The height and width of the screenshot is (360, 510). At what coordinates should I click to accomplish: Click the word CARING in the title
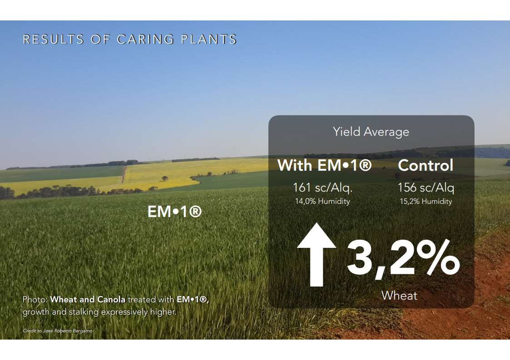(x=145, y=39)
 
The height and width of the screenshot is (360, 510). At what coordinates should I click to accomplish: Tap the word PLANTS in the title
(x=208, y=39)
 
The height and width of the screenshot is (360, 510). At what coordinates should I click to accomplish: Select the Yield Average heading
(x=371, y=132)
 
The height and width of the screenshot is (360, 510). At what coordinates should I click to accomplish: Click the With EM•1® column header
(x=324, y=165)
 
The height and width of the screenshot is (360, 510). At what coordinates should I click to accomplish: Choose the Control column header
(x=426, y=165)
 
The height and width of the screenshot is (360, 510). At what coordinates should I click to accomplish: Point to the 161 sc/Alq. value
(x=322, y=187)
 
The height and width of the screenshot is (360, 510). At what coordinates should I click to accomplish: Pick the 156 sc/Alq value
(x=426, y=187)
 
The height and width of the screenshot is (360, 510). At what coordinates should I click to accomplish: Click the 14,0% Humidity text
(x=322, y=201)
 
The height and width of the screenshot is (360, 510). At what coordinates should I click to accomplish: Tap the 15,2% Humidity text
(x=426, y=201)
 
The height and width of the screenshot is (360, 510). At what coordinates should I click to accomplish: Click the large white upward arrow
(x=317, y=255)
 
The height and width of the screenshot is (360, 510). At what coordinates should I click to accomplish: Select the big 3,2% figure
(x=403, y=259)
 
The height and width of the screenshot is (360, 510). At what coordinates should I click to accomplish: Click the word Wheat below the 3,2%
(x=399, y=296)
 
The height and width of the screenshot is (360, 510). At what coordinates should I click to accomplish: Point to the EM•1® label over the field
(x=175, y=212)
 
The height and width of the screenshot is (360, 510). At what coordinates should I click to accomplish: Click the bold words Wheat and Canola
(x=88, y=300)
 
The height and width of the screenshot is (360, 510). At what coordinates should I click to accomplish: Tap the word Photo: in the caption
(x=35, y=300)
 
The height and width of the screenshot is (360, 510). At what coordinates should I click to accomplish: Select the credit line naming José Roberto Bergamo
(x=58, y=331)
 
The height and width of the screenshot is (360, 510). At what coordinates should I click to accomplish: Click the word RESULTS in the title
(x=53, y=39)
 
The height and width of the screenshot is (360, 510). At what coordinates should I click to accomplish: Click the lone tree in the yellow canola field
(x=165, y=178)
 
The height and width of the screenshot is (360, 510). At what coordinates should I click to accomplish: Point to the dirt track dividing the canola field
(x=124, y=174)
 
